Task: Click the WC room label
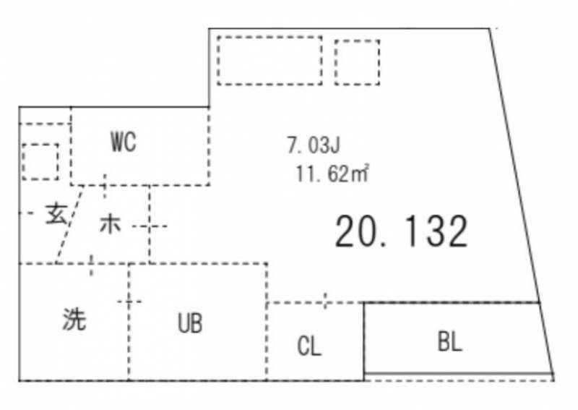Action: coord(123,142)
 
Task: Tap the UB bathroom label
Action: coord(190,323)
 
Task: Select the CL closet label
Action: coord(309,346)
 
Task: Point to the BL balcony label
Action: coord(449,341)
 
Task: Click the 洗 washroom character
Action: coord(74,319)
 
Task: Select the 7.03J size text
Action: coord(313,146)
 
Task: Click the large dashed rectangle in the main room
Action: coord(269,60)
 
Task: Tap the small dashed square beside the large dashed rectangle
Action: coord(357,62)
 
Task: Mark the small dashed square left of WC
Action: coord(40,161)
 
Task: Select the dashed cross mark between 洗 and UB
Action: coord(129,301)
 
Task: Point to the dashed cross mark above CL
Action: coord(326,301)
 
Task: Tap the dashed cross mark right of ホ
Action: coord(150,226)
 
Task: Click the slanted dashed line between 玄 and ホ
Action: coord(70,225)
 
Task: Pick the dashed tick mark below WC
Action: coord(105,185)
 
